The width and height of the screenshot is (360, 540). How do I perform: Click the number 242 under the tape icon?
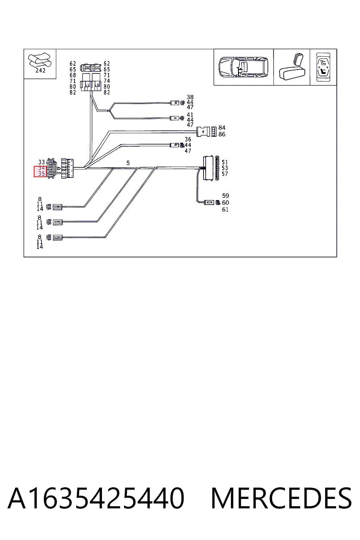[40, 70]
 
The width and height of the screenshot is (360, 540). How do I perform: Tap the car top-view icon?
[243, 67]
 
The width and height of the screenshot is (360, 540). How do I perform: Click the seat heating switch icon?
[323, 67]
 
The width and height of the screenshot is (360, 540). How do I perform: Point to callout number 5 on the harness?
[128, 163]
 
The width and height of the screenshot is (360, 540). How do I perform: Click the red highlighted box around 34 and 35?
[40, 172]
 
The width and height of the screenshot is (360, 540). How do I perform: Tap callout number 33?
[41, 162]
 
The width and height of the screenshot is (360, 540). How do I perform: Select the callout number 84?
[222, 128]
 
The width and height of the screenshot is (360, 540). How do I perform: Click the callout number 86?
[222, 134]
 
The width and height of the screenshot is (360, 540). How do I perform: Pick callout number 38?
[190, 97]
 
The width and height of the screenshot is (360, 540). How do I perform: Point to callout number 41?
[190, 115]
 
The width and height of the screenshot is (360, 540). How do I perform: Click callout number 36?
[188, 139]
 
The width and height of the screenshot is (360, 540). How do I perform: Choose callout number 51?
[225, 162]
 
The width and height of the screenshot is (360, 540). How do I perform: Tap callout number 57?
[225, 174]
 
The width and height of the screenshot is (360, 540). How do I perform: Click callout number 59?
[225, 195]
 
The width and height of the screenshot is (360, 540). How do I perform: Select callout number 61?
[225, 210]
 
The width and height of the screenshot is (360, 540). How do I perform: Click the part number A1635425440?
[96, 498]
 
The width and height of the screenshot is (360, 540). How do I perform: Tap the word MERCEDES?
[281, 498]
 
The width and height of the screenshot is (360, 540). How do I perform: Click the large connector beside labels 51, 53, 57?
[208, 168]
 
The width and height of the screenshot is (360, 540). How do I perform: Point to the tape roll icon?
[39, 60]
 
